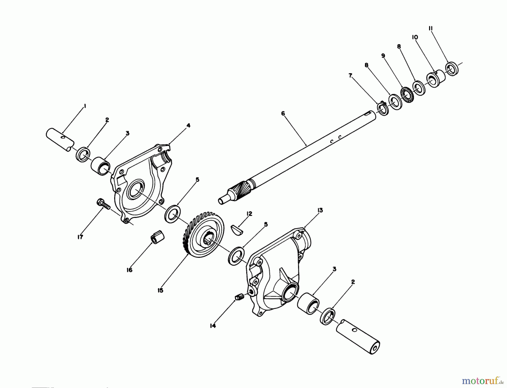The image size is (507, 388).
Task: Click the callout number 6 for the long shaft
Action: click(x=283, y=114)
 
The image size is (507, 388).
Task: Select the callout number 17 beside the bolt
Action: click(x=80, y=237)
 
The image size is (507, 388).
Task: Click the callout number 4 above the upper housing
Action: click(x=188, y=125)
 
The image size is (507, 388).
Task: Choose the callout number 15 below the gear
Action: click(x=160, y=291)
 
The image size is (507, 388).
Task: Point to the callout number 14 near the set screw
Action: click(x=213, y=326)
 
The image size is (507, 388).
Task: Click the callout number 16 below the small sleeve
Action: click(x=129, y=270)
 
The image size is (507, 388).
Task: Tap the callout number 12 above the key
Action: click(x=249, y=214)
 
